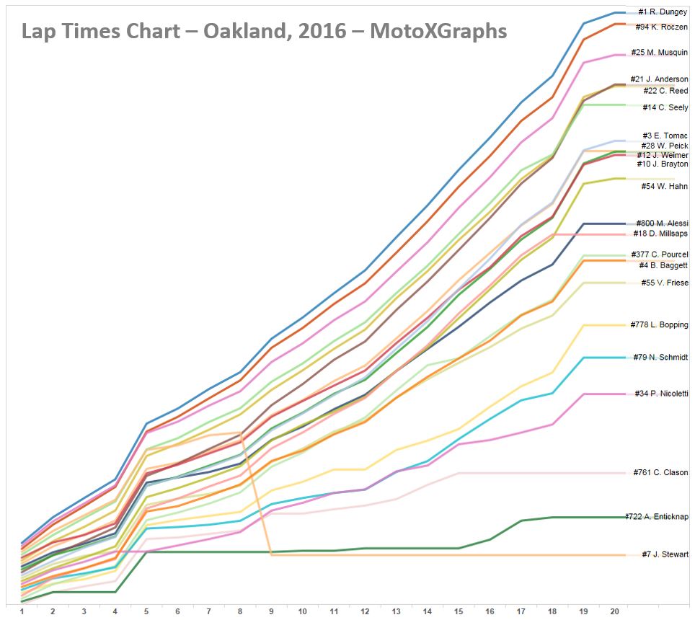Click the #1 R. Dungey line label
pyautogui.click(x=663, y=12)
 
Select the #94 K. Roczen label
pyautogui.click(x=662, y=27)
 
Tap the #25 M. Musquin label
pyautogui.click(x=659, y=53)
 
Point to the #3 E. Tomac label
pyautogui.click(x=665, y=136)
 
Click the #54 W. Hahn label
pyautogui.click(x=664, y=187)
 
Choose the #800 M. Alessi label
pyautogui.click(x=662, y=223)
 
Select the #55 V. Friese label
pyautogui.click(x=663, y=283)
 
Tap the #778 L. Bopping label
pyautogui.click(x=659, y=325)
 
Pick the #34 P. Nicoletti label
pyautogui.click(x=661, y=394)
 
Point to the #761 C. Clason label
pyautogui.click(x=660, y=473)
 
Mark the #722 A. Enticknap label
pyautogui.click(x=656, y=517)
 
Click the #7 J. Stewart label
pyautogui.click(x=665, y=554)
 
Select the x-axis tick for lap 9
pyautogui.click(x=272, y=611)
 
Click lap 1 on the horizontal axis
pyautogui.click(x=22, y=611)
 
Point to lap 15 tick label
pyautogui.click(x=459, y=611)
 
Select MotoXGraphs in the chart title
pyautogui.click(x=438, y=32)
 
